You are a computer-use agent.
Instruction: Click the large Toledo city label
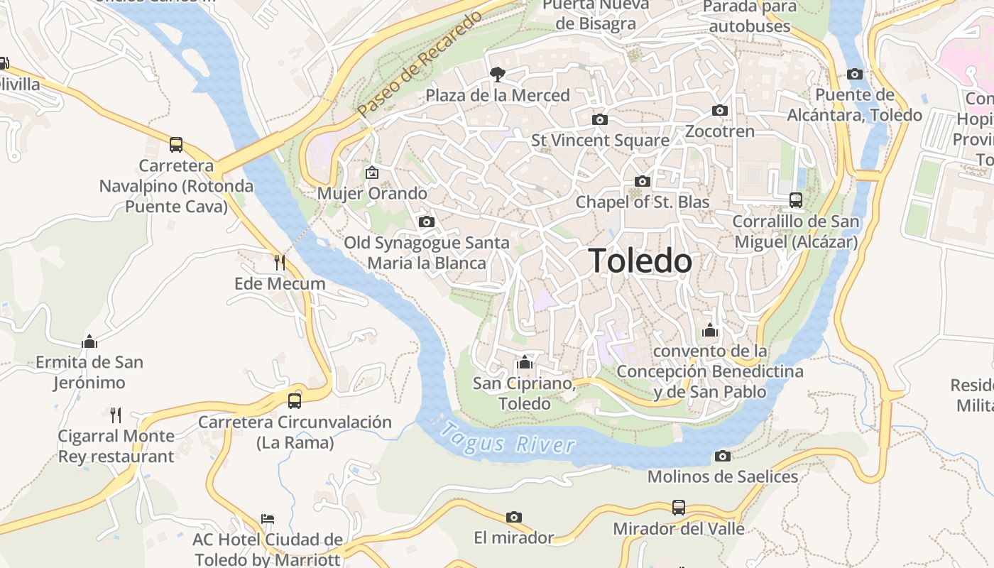click(640, 261)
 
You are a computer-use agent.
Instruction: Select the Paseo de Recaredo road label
click(420, 65)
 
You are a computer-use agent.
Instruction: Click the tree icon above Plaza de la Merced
click(498, 74)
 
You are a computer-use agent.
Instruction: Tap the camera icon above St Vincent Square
click(600, 119)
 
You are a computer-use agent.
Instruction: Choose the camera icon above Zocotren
click(720, 110)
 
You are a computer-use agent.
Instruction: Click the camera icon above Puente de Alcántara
click(855, 74)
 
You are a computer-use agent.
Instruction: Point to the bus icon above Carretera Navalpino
click(176, 145)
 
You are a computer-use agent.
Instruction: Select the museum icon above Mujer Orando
click(371, 172)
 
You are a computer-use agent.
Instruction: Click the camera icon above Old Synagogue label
click(427, 222)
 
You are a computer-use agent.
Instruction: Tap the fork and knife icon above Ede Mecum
click(280, 263)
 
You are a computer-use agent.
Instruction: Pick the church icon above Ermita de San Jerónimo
click(89, 342)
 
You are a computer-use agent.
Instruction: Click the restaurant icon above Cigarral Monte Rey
click(116, 415)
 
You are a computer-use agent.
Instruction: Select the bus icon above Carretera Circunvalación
click(295, 401)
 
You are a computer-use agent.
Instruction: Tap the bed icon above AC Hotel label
click(268, 519)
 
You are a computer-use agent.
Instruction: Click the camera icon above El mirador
click(514, 517)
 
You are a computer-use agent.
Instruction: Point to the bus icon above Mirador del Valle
click(679, 508)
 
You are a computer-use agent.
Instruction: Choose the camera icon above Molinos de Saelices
click(723, 456)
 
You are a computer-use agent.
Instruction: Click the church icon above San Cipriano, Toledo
click(525, 363)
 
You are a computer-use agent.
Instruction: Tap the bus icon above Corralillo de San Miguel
click(796, 200)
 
